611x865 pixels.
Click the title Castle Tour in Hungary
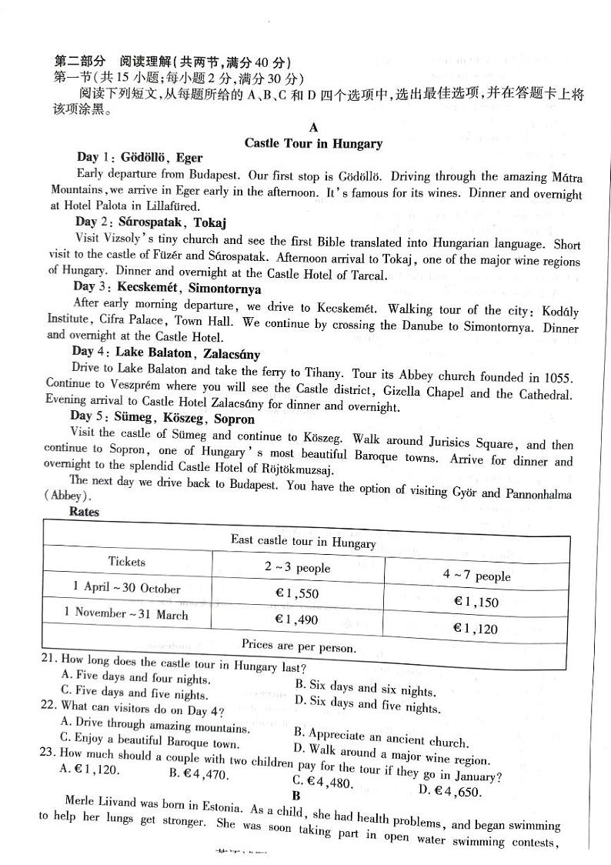(x=312, y=143)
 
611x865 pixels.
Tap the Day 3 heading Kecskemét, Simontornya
(x=167, y=289)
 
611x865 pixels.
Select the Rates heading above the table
(x=84, y=511)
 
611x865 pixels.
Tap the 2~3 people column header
(x=297, y=568)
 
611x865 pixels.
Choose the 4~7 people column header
(x=476, y=576)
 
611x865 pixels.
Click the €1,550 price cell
(x=296, y=593)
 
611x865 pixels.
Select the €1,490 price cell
(x=296, y=618)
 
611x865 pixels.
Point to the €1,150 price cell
(x=476, y=602)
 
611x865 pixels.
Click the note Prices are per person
(x=299, y=646)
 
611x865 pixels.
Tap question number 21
(x=48, y=660)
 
